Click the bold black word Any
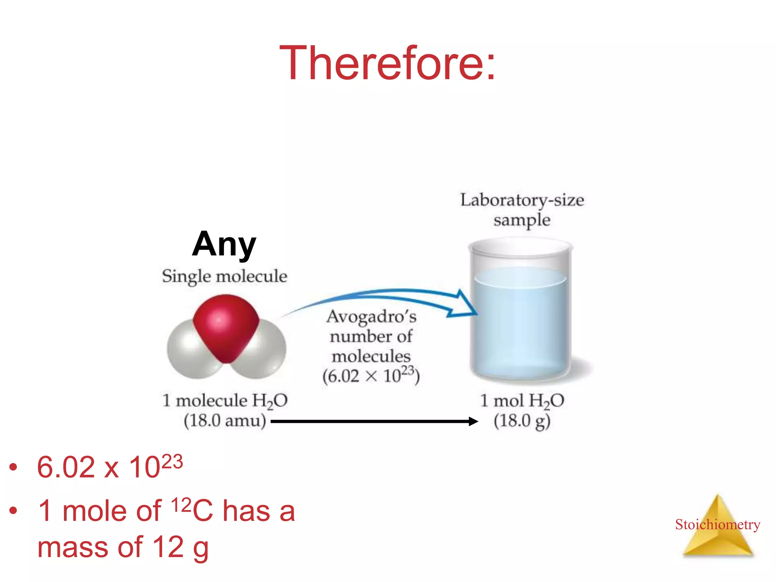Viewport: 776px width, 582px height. point(224,244)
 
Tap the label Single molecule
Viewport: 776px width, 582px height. point(224,276)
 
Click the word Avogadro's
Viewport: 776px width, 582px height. point(371,316)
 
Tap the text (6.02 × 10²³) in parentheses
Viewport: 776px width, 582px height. point(371,376)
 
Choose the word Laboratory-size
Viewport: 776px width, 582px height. point(522,200)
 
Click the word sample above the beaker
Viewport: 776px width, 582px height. point(522,220)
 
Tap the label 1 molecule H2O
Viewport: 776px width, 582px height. point(225,401)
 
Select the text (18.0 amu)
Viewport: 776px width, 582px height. point(225,421)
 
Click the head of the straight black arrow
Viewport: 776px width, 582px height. point(473,421)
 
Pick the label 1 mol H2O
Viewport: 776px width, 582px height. point(522,401)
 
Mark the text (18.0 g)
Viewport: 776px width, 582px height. point(522,421)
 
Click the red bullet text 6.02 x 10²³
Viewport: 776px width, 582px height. point(110,467)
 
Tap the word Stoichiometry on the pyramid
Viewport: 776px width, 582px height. point(717,524)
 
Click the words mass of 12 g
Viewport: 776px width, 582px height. point(123,548)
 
